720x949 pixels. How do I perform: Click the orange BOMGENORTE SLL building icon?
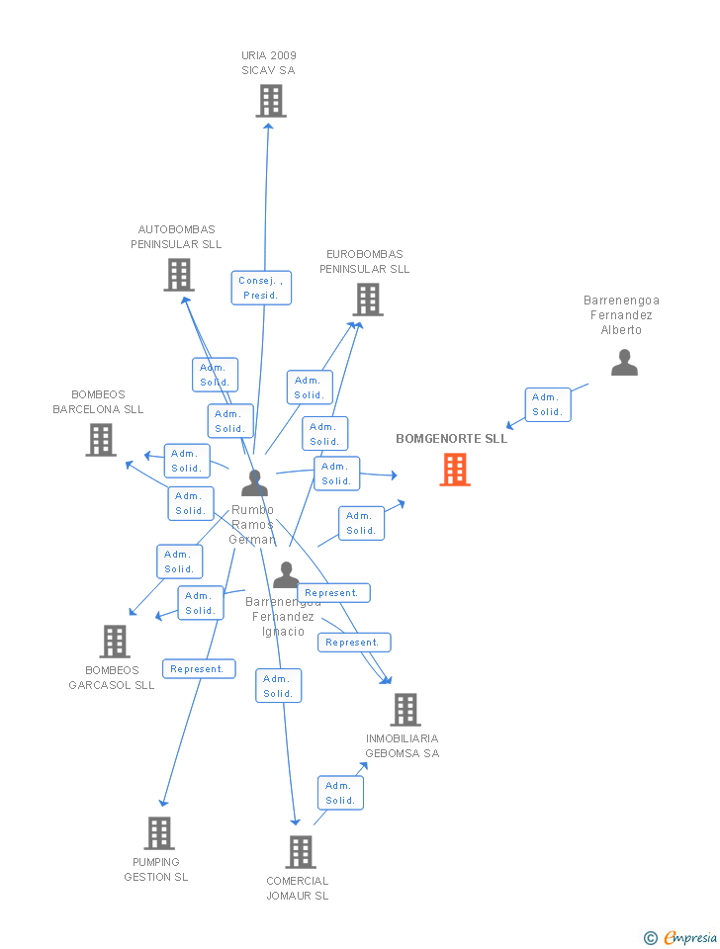pyautogui.click(x=455, y=470)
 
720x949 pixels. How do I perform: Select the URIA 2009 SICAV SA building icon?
pyautogui.click(x=271, y=101)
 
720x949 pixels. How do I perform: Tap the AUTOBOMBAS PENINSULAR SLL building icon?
pyautogui.click(x=179, y=275)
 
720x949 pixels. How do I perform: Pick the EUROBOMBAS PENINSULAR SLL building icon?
pyautogui.click(x=368, y=300)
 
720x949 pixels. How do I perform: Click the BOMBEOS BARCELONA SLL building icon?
pyautogui.click(x=101, y=440)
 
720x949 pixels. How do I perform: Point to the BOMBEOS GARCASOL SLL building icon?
pyautogui.click(x=115, y=642)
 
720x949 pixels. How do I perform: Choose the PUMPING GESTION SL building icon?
pyautogui.click(x=159, y=833)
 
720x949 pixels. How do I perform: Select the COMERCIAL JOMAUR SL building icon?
pyautogui.click(x=301, y=852)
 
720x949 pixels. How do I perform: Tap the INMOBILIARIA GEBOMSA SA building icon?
pyautogui.click(x=405, y=710)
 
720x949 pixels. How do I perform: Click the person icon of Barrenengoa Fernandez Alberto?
pyautogui.click(x=624, y=363)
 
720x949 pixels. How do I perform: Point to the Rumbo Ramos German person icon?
pyautogui.click(x=255, y=483)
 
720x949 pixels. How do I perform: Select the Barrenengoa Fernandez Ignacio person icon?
pyautogui.click(x=286, y=574)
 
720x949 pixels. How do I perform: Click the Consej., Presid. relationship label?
pyautogui.click(x=262, y=288)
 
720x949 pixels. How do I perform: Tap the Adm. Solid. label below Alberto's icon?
pyautogui.click(x=547, y=404)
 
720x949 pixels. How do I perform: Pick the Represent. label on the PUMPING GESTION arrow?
pyautogui.click(x=199, y=669)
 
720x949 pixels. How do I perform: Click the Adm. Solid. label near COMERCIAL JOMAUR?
pyautogui.click(x=340, y=793)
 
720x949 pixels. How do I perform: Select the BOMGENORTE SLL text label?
pyautogui.click(x=452, y=438)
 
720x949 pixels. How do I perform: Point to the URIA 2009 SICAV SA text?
pyautogui.click(x=269, y=62)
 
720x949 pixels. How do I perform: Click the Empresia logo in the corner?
pyautogui.click(x=690, y=937)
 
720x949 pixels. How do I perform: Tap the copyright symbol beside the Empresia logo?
pyautogui.click(x=651, y=937)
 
